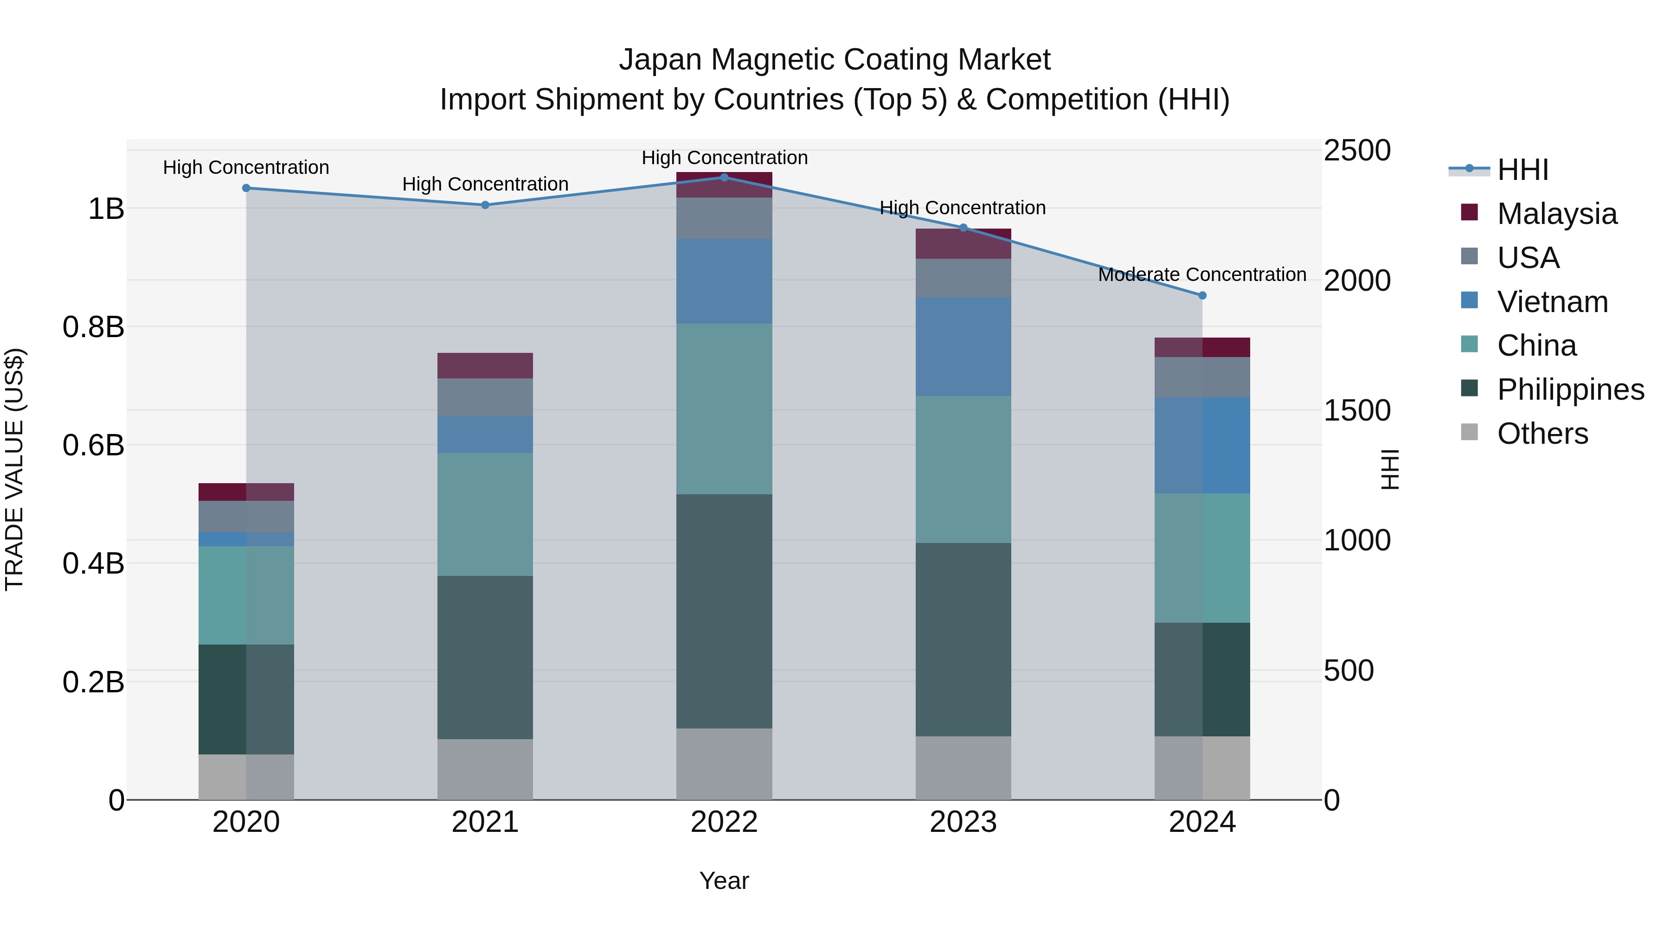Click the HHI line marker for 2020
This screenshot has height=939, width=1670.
point(246,188)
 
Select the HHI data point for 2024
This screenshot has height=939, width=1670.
point(1202,295)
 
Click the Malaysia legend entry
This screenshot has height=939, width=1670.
point(1556,214)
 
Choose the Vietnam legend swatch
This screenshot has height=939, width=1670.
point(1469,300)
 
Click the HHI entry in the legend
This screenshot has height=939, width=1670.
point(1522,170)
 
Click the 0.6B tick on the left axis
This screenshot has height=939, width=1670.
point(93,445)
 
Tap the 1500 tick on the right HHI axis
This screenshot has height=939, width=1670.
point(1357,410)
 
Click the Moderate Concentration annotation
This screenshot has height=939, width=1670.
point(1202,275)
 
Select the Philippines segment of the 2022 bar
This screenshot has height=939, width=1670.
point(724,611)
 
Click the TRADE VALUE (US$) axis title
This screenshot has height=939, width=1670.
point(15,469)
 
